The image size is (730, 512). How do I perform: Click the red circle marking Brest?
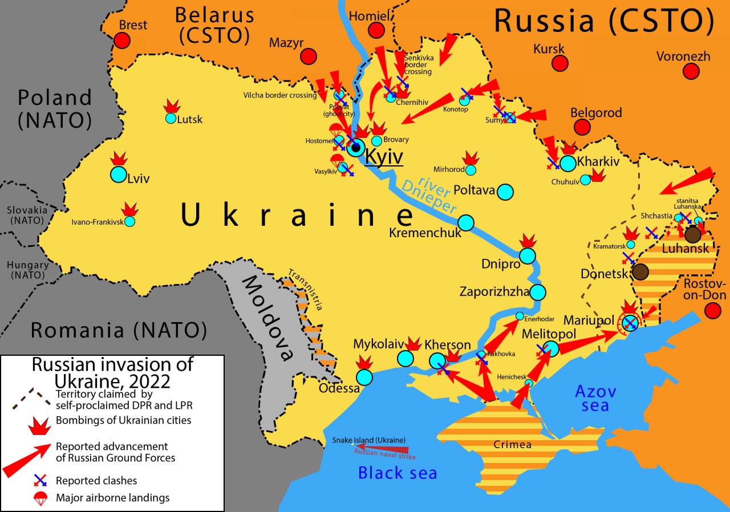[x=121, y=40]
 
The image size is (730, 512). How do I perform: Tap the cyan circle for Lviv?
[x=118, y=174]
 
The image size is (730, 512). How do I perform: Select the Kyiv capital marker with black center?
[x=356, y=148]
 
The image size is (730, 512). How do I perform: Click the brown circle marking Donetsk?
[x=640, y=272]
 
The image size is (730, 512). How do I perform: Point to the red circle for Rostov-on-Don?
[x=712, y=311]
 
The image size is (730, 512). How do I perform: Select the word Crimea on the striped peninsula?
[x=513, y=445]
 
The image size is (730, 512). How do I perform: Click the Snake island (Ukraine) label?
[x=369, y=440]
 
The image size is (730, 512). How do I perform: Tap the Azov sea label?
[x=595, y=399]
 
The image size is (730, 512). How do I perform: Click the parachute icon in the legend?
[x=40, y=498]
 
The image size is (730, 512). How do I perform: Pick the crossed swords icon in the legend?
[x=40, y=481]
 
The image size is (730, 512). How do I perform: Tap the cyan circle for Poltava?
[x=505, y=192]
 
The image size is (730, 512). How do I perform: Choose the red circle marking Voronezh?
[x=691, y=71]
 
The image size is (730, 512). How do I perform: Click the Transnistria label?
[x=306, y=289]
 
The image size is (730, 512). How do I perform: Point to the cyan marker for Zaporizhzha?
[x=538, y=292]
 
